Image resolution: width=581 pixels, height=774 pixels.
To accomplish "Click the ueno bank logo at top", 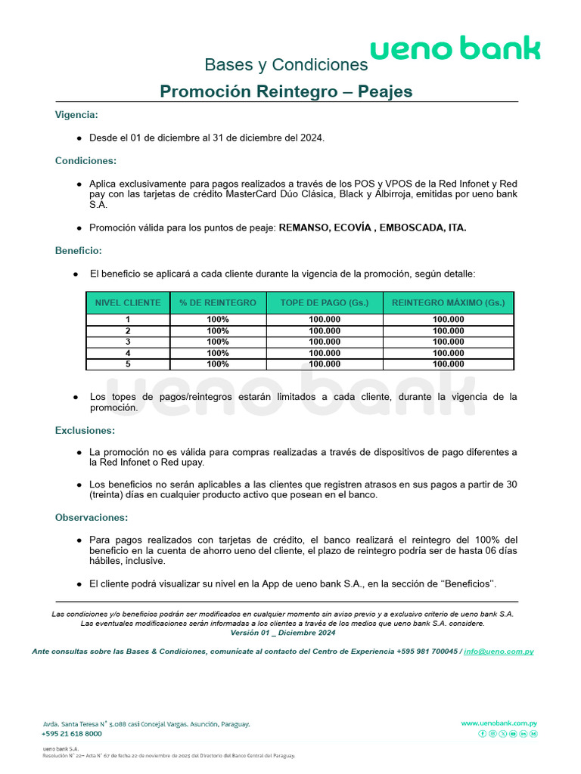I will point(455,50).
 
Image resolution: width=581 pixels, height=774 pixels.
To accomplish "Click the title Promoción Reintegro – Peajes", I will point(286,91).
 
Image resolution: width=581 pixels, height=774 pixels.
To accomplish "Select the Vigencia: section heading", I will point(76,115).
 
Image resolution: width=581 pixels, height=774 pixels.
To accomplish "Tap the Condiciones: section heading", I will point(85,161).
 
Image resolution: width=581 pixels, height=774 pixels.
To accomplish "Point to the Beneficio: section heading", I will point(79,250).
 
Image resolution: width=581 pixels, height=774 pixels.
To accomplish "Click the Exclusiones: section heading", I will point(85,430).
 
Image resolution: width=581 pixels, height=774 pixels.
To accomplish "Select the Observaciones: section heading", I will point(92,518).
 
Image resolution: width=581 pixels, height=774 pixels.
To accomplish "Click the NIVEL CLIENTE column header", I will point(128,303).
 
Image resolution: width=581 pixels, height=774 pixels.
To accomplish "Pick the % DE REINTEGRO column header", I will point(218,303).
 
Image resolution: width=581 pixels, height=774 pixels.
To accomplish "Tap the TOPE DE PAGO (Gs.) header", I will point(325,303).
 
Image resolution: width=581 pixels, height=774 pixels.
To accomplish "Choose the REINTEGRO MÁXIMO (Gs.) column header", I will point(448,303).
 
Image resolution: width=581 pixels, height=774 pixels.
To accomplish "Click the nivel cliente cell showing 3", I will point(128,342).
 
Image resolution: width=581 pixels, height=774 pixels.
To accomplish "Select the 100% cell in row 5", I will point(218,364).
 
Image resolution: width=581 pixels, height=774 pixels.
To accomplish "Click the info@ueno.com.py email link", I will point(499,652).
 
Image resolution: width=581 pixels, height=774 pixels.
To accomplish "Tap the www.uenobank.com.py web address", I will point(499,723).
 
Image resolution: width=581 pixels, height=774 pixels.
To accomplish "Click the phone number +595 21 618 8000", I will point(72,733).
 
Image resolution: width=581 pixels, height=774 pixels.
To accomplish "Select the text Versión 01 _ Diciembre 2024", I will point(283,633).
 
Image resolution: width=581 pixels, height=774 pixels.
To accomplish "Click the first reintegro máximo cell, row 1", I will point(448,320).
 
